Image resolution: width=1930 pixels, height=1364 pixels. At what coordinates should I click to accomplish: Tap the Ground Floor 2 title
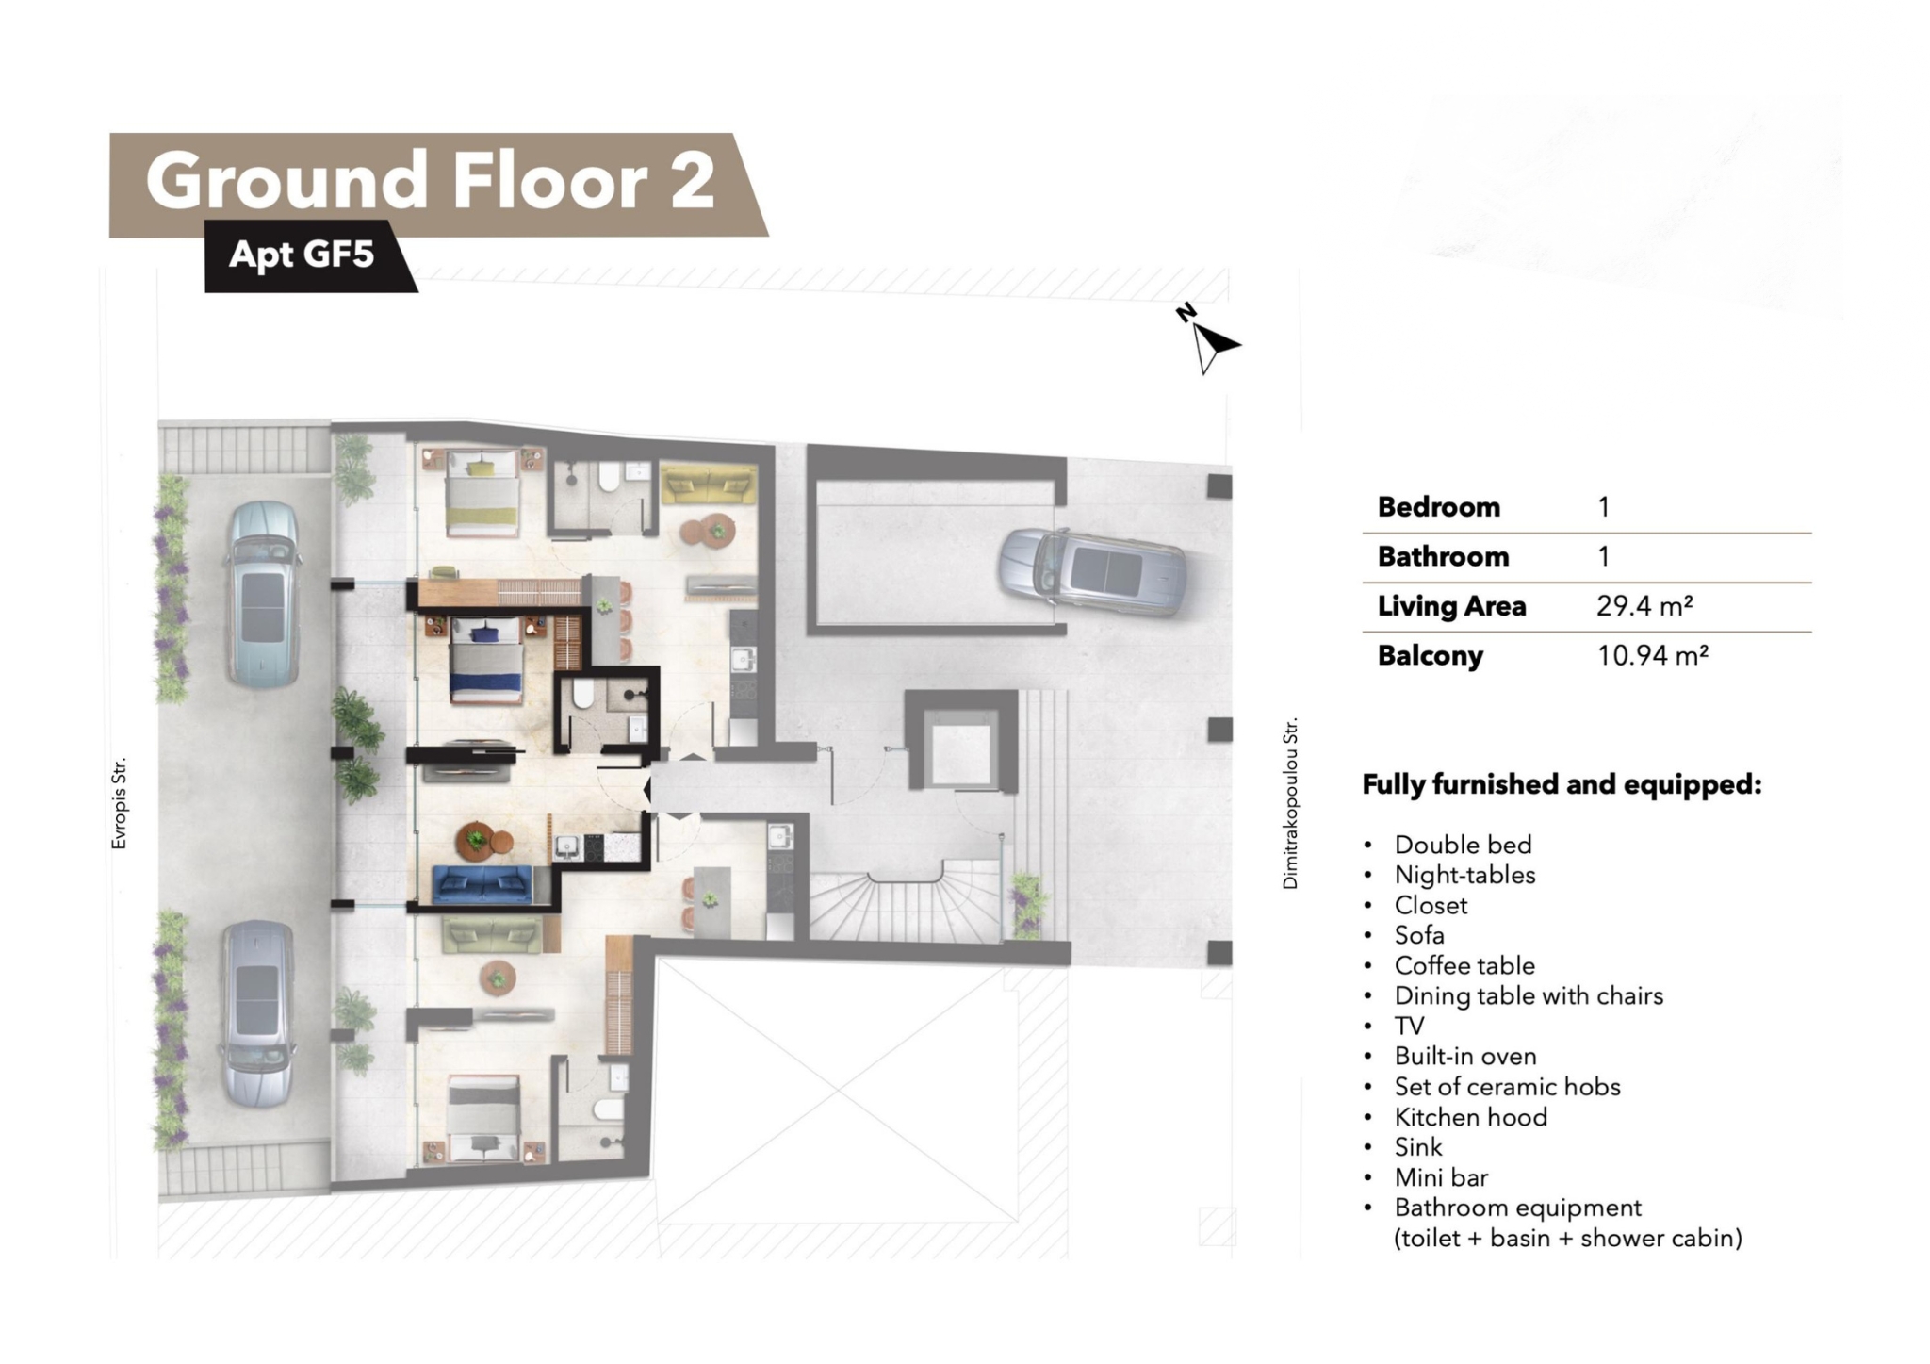click(431, 180)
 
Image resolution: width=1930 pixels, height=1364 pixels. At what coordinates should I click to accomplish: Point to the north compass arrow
click(1212, 345)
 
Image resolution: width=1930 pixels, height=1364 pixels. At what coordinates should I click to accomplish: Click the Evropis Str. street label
click(119, 803)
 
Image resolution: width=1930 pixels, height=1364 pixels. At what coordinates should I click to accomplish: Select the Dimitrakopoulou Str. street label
click(1290, 803)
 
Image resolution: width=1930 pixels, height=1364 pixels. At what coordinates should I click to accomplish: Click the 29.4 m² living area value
click(1644, 606)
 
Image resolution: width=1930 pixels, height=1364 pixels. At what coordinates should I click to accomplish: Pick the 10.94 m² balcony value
click(1652, 655)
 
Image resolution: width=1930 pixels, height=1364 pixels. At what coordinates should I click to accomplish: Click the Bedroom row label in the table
click(1438, 507)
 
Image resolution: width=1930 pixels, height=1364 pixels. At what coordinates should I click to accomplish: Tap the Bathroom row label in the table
click(1443, 557)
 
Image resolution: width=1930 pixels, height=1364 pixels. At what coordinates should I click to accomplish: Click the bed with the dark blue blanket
click(486, 661)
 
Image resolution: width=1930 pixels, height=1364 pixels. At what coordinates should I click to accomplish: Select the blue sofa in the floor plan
click(482, 885)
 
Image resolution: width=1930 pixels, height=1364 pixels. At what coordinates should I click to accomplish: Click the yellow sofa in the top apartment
click(708, 484)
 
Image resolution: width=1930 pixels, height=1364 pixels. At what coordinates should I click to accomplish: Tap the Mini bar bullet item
click(1441, 1177)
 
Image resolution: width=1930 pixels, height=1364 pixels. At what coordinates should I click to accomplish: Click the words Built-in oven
click(1465, 1057)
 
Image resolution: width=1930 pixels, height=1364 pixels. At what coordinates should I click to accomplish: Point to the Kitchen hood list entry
click(1471, 1117)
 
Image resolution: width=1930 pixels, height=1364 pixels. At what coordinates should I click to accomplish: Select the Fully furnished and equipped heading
click(1562, 785)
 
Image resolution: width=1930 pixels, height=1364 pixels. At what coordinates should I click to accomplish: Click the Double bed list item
click(1464, 845)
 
